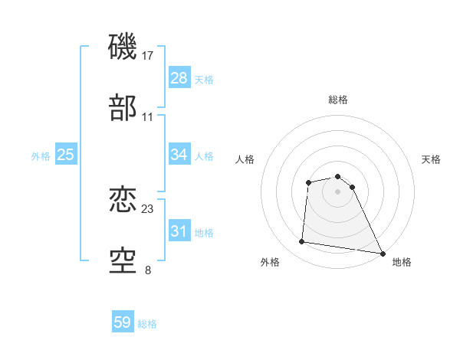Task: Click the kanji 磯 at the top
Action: pyautogui.click(x=123, y=47)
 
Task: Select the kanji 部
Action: pyautogui.click(x=123, y=108)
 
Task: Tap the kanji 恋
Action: pyautogui.click(x=123, y=201)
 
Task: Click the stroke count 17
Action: pyautogui.click(x=148, y=56)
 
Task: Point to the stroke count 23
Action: pyautogui.click(x=148, y=209)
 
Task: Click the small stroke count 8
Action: pyautogui.click(x=148, y=270)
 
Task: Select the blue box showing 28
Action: pyautogui.click(x=179, y=78)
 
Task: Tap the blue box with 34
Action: pyautogui.click(x=179, y=155)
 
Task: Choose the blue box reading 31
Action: pyautogui.click(x=179, y=231)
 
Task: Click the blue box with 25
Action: pyautogui.click(x=66, y=155)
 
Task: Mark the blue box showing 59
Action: pyautogui.click(x=123, y=322)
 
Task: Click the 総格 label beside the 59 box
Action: pyautogui.click(x=148, y=324)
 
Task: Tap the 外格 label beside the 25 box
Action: pyautogui.click(x=41, y=156)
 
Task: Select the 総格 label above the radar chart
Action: pyautogui.click(x=338, y=100)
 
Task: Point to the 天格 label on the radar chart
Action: pyautogui.click(x=432, y=159)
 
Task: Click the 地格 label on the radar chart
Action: pyautogui.click(x=402, y=263)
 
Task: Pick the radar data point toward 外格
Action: pyautogui.click(x=302, y=242)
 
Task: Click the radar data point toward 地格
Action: pyautogui.click(x=383, y=253)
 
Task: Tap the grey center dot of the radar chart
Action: pyautogui.click(x=338, y=191)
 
